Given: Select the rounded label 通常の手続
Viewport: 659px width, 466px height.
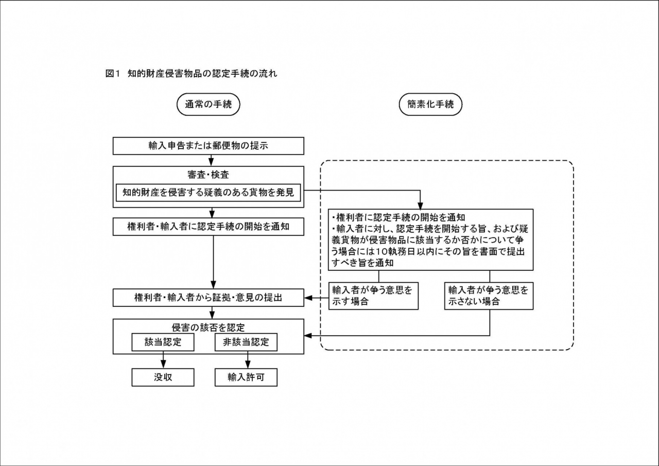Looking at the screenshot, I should tap(208, 105).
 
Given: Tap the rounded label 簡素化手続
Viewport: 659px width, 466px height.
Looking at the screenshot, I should tap(430, 105).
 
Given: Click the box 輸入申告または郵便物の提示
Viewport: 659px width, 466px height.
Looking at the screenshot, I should tap(208, 146).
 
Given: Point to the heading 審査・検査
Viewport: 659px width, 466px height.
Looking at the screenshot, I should tap(208, 175).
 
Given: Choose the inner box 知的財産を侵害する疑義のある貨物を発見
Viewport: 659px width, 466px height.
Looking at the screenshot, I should tap(208, 193).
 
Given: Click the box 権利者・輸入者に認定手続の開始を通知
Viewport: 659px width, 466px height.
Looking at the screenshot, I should tap(208, 226).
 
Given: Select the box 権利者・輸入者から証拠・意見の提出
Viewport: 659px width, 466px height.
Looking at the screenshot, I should tap(208, 298).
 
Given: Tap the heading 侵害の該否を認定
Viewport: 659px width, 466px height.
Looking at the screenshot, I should tap(208, 327).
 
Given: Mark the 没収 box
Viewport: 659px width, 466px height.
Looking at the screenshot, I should tap(163, 377).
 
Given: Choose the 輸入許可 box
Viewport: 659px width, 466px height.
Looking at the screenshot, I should tap(246, 377).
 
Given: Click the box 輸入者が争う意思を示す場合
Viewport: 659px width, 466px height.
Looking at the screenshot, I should tap(373, 296).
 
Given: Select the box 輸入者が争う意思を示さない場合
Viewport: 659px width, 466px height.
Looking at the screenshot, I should tap(489, 296).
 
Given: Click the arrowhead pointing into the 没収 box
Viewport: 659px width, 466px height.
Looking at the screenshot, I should tap(163, 365).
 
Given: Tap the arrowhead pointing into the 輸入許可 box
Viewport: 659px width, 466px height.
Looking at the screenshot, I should tap(248, 365).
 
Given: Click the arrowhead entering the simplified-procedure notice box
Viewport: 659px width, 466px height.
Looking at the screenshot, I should tap(420, 205).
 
